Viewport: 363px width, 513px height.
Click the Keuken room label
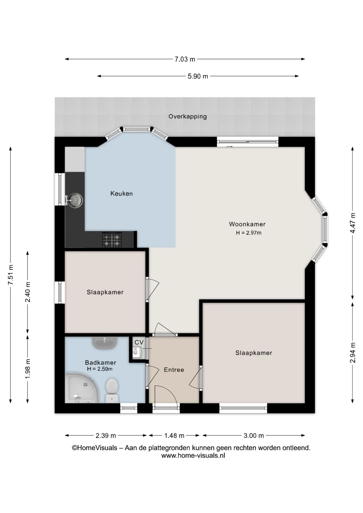(x=122, y=193)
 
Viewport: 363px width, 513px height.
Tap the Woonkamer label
(x=247, y=224)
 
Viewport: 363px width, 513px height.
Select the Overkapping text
(x=188, y=116)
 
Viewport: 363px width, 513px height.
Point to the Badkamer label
(x=101, y=363)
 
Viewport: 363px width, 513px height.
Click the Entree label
(x=174, y=370)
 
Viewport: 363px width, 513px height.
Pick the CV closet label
(x=139, y=343)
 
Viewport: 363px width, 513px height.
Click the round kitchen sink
(x=75, y=200)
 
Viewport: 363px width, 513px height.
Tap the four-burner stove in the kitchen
(x=112, y=240)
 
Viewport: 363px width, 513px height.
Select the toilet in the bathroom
(x=112, y=390)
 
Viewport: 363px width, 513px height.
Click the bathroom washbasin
(x=105, y=343)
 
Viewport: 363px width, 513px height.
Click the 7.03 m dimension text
(x=185, y=59)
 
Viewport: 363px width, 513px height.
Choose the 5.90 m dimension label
(x=198, y=76)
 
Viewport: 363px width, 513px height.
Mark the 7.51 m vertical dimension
(x=11, y=275)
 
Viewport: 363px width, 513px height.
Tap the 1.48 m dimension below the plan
(x=174, y=436)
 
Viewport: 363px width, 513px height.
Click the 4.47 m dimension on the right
(x=353, y=223)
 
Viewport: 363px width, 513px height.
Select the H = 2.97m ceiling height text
(x=249, y=233)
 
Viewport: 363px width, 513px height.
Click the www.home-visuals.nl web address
(x=193, y=456)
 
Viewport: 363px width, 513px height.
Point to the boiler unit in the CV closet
(x=137, y=352)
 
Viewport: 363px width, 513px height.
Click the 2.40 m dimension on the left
(x=28, y=292)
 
